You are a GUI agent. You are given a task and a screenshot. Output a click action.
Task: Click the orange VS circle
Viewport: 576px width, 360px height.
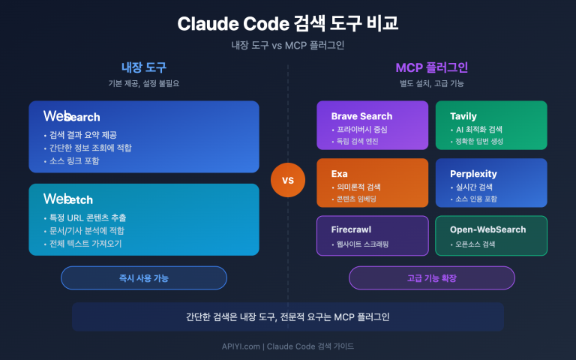tap(288, 181)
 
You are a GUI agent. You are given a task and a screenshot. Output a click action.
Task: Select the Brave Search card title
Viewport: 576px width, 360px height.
tap(361, 116)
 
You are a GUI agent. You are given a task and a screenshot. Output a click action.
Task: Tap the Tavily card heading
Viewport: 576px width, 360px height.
tap(463, 116)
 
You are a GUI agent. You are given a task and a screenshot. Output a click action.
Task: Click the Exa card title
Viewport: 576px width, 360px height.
tap(340, 173)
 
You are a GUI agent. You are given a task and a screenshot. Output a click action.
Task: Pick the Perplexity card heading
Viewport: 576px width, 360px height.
tap(473, 173)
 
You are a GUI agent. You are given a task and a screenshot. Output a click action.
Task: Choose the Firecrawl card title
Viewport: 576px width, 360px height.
tap(352, 229)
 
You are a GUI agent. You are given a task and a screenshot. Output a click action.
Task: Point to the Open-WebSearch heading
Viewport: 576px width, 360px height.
tap(487, 229)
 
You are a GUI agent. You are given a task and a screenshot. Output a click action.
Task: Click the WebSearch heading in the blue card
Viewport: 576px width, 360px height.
tap(72, 116)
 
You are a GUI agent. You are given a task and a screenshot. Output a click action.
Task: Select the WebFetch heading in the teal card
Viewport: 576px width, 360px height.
tap(69, 199)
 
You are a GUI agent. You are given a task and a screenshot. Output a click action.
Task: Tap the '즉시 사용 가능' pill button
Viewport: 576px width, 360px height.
tap(143, 277)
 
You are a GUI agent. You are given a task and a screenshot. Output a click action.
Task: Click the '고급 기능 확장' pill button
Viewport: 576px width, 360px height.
tap(431, 277)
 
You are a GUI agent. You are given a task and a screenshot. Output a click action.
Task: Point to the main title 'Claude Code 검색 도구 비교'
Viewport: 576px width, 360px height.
tap(288, 23)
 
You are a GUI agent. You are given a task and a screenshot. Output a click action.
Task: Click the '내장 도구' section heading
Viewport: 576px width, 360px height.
tap(143, 67)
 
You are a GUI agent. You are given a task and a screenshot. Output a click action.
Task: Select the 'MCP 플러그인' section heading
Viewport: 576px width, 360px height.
tap(431, 67)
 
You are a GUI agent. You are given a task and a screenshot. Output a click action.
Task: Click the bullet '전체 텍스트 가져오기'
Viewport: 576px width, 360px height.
tap(86, 243)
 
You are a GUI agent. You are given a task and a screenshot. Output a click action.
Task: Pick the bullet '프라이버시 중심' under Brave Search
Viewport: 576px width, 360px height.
tap(366, 129)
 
